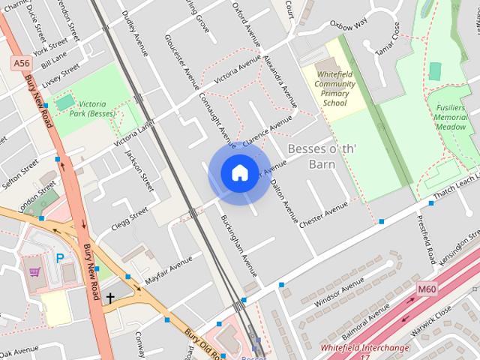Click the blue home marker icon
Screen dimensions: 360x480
pos(239,173)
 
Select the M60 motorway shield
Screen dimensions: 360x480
pos(426,289)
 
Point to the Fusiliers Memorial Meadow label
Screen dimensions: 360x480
pos(451,117)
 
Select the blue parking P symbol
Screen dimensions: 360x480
pos(59,258)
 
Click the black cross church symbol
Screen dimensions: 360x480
pos(110,298)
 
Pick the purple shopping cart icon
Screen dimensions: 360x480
pos(34,271)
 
